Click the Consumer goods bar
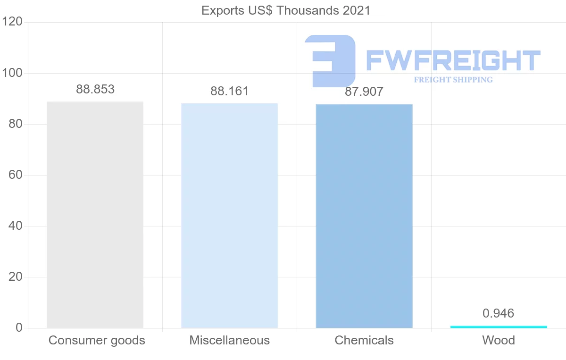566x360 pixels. [x=95, y=215]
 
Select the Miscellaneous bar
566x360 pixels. [x=229, y=216]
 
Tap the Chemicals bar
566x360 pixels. [x=364, y=216]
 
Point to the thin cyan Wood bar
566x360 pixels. [x=499, y=327]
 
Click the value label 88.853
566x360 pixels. [x=95, y=89]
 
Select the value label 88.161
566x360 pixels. [x=229, y=91]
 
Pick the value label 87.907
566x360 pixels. [x=364, y=92]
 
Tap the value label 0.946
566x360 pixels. [x=498, y=313]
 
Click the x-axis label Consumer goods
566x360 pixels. [x=97, y=340]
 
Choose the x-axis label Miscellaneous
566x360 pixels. [x=230, y=340]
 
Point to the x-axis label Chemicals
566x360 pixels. [x=364, y=340]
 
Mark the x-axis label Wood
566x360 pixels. [x=499, y=340]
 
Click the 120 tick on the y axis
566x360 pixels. [x=12, y=22]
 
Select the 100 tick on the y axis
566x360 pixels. [x=12, y=73]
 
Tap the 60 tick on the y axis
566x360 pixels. [x=16, y=175]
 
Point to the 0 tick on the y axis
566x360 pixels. [x=19, y=328]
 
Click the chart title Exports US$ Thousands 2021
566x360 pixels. [x=286, y=10]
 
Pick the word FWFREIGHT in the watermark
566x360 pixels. [x=453, y=61]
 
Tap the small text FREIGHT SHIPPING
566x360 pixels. [x=453, y=80]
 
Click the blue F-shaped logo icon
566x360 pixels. [x=330, y=60]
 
